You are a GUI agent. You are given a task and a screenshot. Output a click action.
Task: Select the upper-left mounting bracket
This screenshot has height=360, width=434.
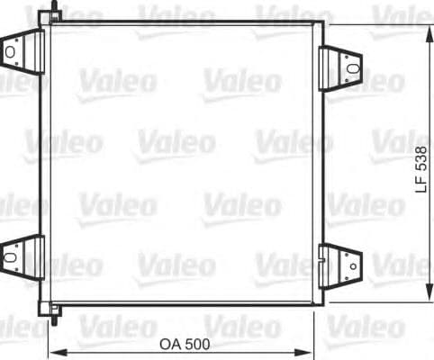click(x=23, y=51)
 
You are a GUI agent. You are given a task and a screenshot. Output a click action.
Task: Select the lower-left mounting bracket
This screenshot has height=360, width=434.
click(x=23, y=256)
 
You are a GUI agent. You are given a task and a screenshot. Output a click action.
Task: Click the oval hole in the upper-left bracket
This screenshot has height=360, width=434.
click(x=11, y=52)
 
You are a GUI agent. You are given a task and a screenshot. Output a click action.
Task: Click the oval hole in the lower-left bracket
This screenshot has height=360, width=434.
click(x=11, y=256)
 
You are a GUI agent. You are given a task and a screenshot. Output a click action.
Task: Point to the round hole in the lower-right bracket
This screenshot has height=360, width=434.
click(x=352, y=265)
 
